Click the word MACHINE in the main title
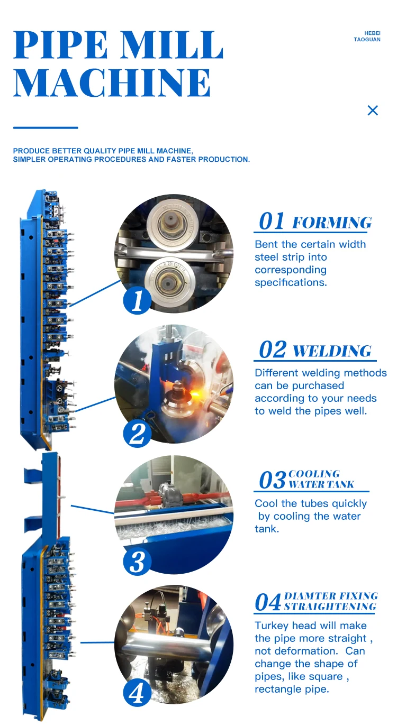click(112, 82)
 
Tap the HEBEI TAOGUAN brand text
click(367, 36)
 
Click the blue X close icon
click(373, 110)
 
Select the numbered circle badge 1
click(137, 301)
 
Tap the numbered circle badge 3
click(137, 562)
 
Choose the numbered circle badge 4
click(137, 693)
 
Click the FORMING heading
click(332, 223)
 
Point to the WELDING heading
click(332, 351)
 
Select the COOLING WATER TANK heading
click(321, 479)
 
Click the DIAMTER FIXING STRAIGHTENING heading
click(330, 601)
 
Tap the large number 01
click(272, 222)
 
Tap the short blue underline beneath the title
click(46, 127)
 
